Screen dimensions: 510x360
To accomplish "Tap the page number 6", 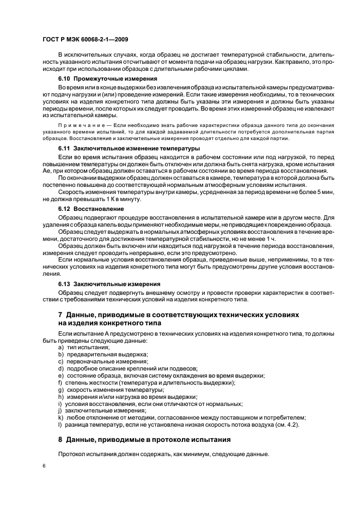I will pyautogui.click(x=45, y=465).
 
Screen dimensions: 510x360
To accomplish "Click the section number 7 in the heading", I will pyautogui.click(x=60, y=315).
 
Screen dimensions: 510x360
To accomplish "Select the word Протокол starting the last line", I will pyautogui.click(x=71, y=454).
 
